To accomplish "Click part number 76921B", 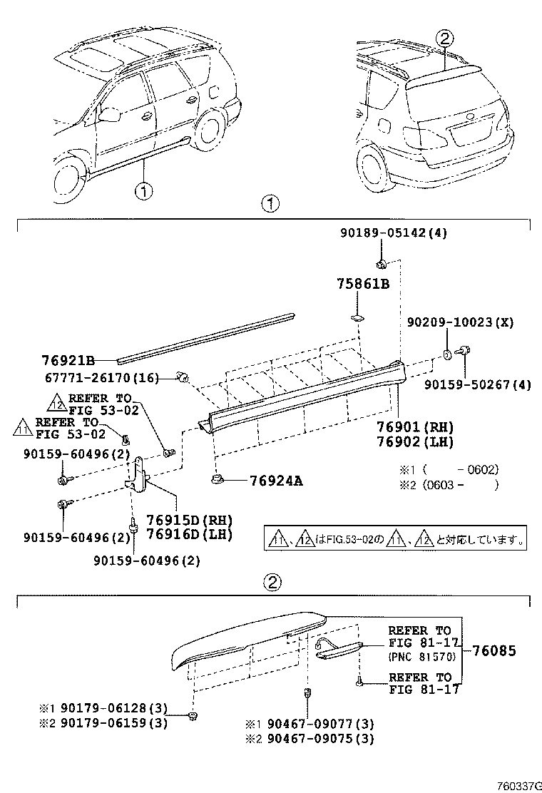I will pos(67,360).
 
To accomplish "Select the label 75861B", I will pos(363,284).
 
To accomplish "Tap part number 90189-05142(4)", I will pos(394,233).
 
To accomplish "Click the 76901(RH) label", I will pos(415,427).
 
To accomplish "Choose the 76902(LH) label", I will pos(415,441).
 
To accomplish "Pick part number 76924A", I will pos(276,481).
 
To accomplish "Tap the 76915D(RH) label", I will pos(189,520).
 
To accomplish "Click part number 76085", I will pos(493,651).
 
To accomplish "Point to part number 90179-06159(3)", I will pos(114,723).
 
